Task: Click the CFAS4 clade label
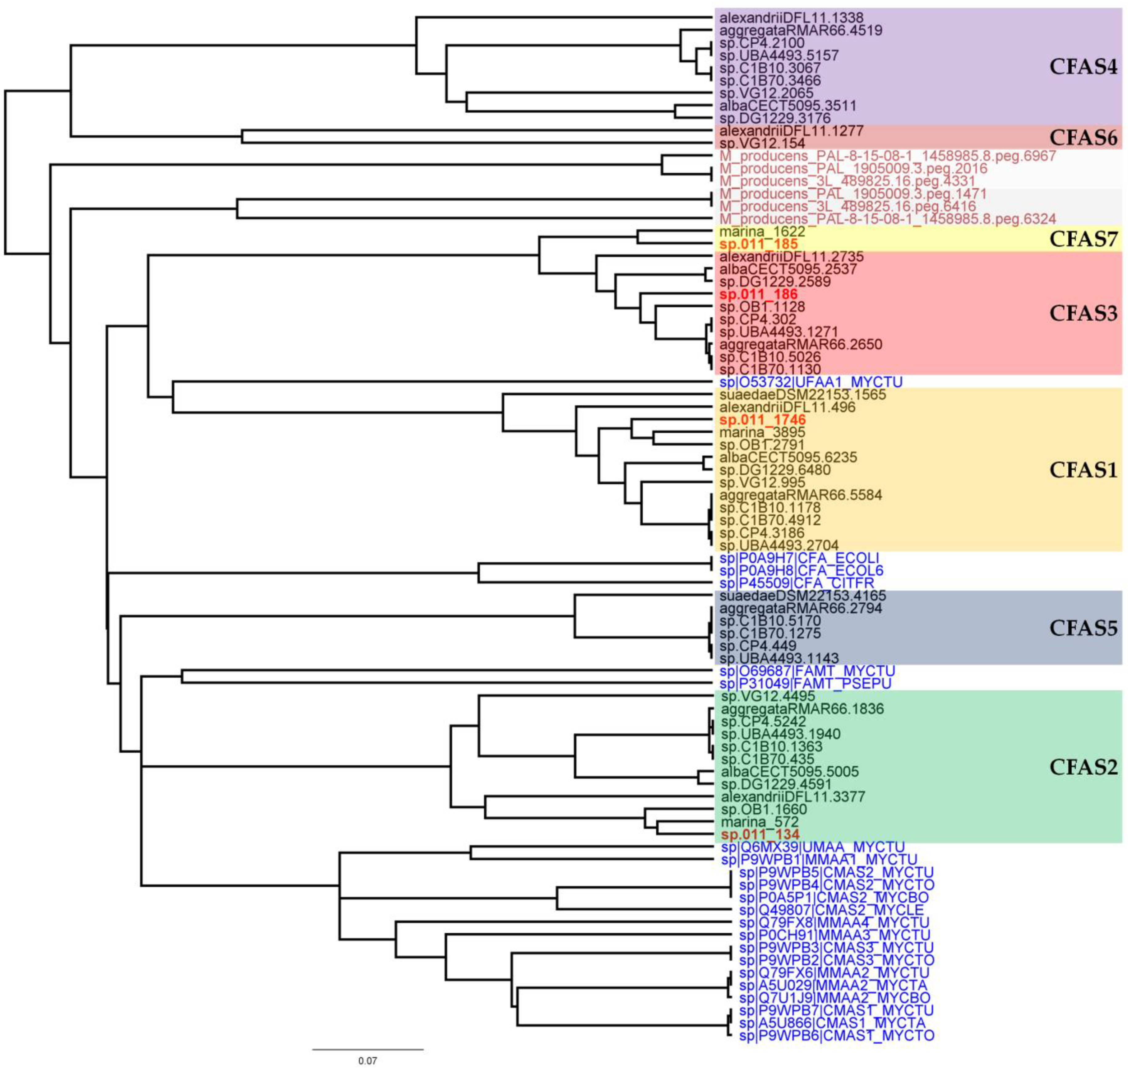pyautogui.click(x=1082, y=67)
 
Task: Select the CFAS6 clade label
pyautogui.click(x=1082, y=137)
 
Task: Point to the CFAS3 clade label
pyautogui.click(x=1082, y=313)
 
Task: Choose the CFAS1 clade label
pyautogui.click(x=1082, y=470)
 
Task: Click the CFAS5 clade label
pyautogui.click(x=1082, y=628)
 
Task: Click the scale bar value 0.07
pyautogui.click(x=367, y=1061)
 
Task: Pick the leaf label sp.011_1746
pyautogui.click(x=762, y=420)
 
